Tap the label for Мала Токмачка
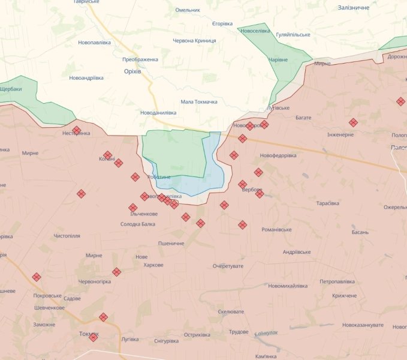coord(198,102)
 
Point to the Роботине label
coord(159,177)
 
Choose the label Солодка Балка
coord(137,224)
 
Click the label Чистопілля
coord(67,236)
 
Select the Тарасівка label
coord(327,203)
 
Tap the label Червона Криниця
coord(194,41)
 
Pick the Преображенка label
coord(140,59)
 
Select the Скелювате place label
coord(230,312)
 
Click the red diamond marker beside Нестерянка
coord(77,130)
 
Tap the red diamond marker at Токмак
coord(93,337)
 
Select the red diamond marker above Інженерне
coord(353,122)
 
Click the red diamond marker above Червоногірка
coord(116,272)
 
